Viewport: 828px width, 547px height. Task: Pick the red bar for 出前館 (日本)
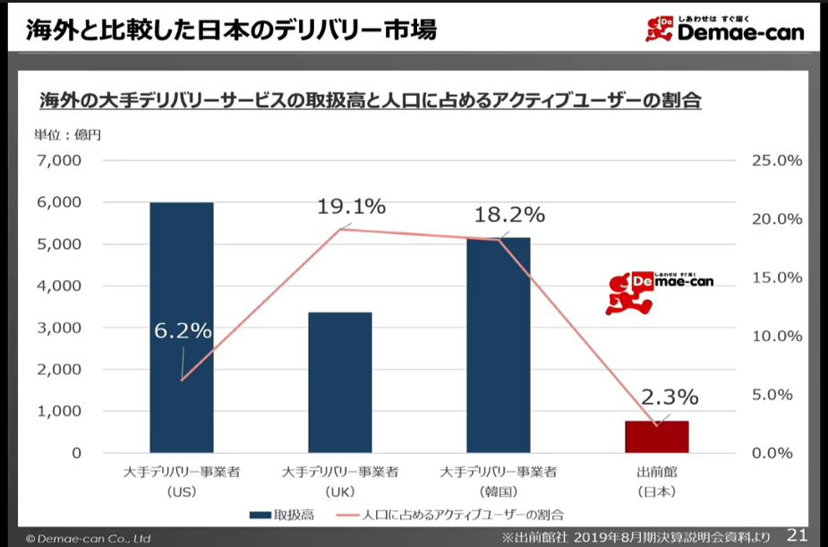[x=657, y=436]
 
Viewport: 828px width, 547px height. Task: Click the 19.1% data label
[x=351, y=207]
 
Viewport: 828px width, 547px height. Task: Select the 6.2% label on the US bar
[x=183, y=330]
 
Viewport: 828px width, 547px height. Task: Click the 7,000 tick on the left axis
[x=59, y=161]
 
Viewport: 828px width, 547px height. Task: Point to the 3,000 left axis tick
[x=59, y=328]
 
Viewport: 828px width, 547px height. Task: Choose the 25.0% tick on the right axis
[x=774, y=161]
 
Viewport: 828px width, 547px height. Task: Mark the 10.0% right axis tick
[x=774, y=337]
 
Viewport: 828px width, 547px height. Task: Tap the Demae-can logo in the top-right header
[x=724, y=29]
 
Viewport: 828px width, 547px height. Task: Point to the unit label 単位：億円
[x=68, y=135]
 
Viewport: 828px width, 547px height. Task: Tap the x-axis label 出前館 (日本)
[x=656, y=482]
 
